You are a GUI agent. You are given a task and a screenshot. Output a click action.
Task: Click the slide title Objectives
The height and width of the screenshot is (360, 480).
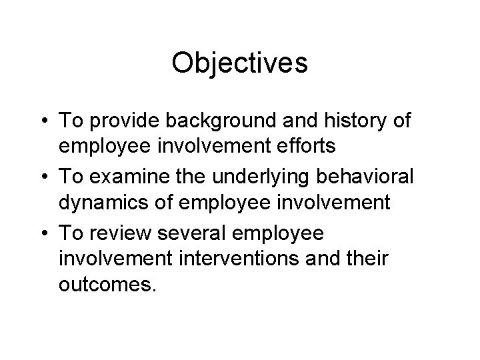(239, 64)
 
